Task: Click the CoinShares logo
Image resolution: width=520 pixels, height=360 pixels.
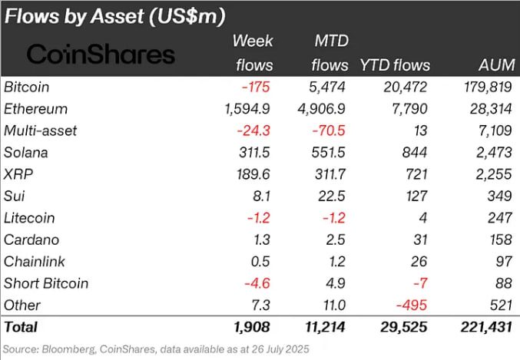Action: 101,54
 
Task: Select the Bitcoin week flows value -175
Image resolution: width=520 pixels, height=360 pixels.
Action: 256,87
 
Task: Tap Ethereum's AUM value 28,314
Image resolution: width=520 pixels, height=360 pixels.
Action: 491,109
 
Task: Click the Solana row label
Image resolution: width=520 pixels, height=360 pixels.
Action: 26,153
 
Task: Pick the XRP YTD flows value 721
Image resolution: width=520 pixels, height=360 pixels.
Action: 416,174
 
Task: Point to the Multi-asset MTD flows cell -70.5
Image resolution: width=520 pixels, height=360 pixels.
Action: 329,130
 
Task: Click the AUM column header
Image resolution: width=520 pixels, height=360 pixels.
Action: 497,65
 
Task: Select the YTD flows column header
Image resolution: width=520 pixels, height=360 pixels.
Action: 395,65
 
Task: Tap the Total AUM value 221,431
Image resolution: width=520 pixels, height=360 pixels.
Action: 486,327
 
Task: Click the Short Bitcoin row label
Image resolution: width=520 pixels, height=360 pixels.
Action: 46,283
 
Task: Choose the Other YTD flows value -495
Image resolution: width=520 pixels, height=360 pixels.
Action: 412,305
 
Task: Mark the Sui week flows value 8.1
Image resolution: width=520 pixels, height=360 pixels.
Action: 261,196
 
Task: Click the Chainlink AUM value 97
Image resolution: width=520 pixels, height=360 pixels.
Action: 504,262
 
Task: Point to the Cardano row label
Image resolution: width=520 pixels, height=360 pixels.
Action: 31,239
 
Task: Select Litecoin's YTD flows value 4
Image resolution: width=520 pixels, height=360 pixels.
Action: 422,218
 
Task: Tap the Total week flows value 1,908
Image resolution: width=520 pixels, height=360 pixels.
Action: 251,327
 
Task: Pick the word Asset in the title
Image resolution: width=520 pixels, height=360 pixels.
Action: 118,16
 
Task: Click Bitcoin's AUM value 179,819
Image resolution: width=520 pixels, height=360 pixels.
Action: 488,87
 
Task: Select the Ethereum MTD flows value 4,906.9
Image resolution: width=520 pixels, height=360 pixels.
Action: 321,109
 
